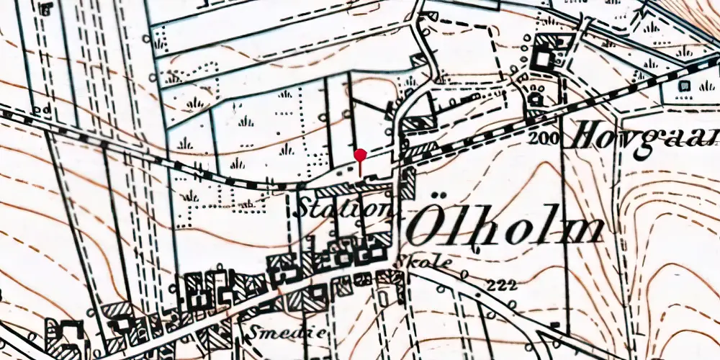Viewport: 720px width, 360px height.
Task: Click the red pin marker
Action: click(360, 161)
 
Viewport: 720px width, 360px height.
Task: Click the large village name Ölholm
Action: click(504, 229)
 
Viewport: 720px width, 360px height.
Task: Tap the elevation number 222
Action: click(503, 285)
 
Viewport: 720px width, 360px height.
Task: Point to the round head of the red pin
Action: click(360, 154)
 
